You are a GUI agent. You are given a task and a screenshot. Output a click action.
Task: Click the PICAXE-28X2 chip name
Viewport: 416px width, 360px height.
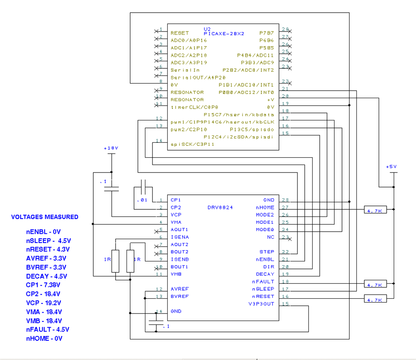223,33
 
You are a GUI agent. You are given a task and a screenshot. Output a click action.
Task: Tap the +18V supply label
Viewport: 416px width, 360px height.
111,148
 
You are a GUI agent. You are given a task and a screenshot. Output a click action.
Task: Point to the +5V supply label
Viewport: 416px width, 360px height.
391,166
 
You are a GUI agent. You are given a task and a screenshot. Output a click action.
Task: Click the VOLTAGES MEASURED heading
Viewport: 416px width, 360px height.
45,217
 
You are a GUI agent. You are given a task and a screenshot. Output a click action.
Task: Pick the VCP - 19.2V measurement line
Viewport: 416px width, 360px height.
44,303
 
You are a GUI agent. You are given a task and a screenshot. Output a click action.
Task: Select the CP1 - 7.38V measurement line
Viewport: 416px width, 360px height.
43,285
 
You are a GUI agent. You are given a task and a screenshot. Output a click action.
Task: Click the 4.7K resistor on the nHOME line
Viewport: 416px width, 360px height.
376,210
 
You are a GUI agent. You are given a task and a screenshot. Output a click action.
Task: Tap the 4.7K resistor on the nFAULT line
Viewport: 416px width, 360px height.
376,285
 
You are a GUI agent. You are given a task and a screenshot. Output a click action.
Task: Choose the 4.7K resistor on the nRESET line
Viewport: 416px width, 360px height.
376,300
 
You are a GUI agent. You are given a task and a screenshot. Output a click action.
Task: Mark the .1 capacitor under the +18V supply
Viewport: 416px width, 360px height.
112,188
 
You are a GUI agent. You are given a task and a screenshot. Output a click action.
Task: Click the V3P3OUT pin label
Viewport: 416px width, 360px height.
261,304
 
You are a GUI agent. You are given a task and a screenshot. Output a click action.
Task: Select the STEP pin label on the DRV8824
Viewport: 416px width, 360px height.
266,252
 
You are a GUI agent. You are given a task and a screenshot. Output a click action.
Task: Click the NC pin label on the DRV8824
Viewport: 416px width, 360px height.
270,237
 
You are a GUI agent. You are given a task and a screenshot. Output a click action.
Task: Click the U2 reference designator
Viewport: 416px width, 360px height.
207,28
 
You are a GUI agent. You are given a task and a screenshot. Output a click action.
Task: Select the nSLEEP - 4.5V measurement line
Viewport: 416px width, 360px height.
48,240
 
